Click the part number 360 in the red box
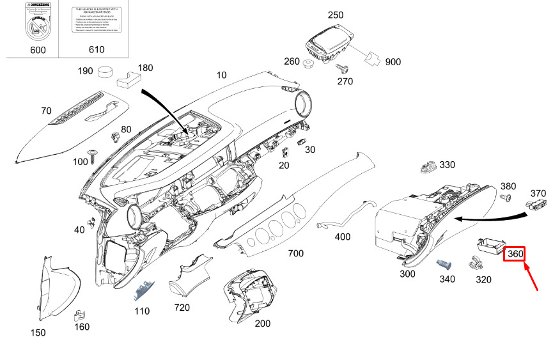[515, 254]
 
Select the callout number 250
[335, 15]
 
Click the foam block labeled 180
[130, 79]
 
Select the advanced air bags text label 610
[96, 23]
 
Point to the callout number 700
[295, 253]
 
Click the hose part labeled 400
[338, 217]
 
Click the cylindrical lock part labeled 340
[444, 264]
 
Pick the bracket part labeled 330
[426, 167]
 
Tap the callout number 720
[182, 308]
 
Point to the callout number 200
[262, 324]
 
